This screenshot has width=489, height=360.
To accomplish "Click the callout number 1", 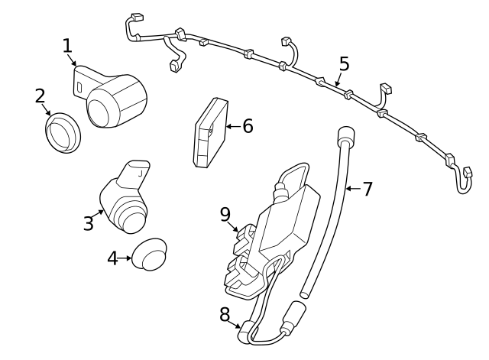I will (67, 45).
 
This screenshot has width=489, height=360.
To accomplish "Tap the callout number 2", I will (40, 96).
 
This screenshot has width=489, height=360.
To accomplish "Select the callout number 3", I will (89, 223).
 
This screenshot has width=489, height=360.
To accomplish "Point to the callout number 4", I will (112, 258).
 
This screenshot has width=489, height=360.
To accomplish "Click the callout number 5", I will (344, 63).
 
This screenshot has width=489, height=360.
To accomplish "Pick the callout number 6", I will (247, 126).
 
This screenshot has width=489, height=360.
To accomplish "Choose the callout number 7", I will (367, 188).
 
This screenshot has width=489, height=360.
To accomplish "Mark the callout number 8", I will (225, 313).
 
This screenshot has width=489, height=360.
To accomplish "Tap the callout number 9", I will (225, 214).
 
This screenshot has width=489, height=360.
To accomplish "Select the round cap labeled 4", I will (149, 254).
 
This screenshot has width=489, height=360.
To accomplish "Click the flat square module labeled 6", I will (209, 131).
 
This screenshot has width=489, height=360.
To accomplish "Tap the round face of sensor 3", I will (129, 219).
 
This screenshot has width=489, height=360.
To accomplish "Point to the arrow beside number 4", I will (126, 258).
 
